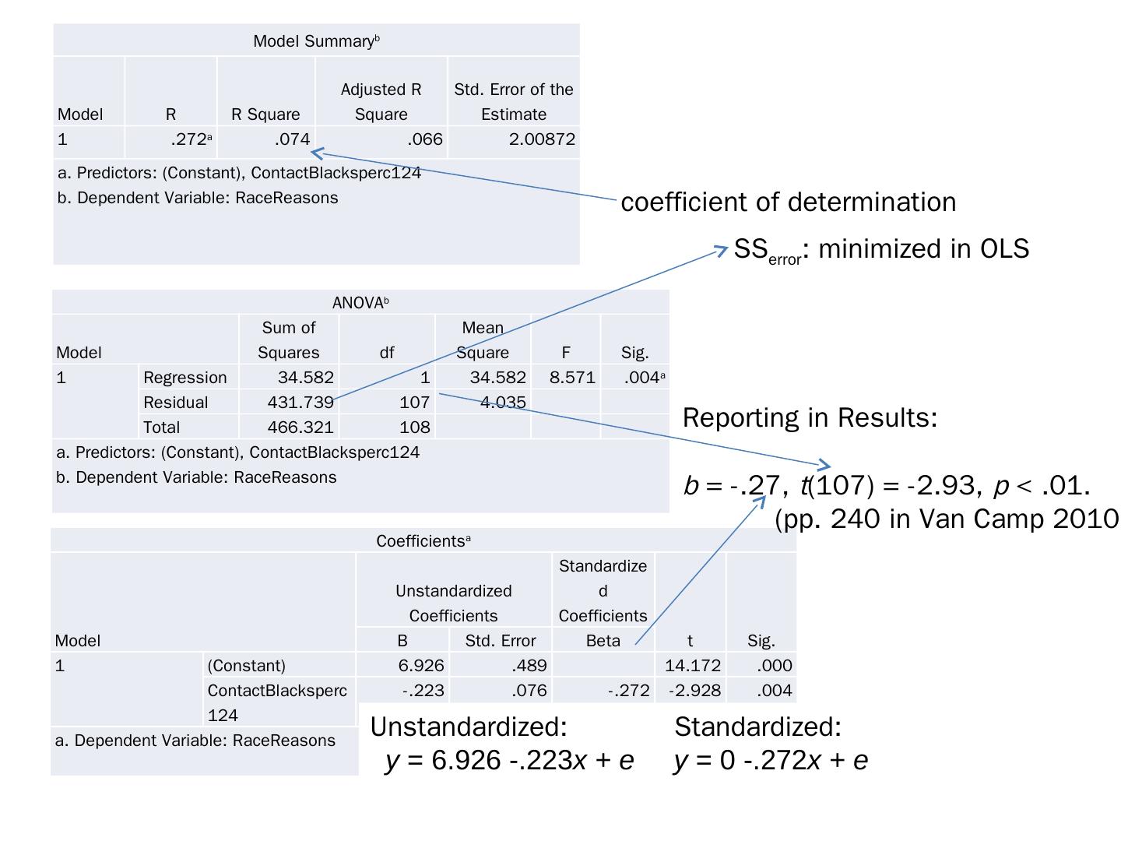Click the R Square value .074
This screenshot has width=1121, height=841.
tap(292, 139)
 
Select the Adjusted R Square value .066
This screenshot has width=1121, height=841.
tap(424, 139)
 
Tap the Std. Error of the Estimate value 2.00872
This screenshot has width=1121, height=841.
tap(542, 139)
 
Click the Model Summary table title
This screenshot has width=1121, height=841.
tap(316, 41)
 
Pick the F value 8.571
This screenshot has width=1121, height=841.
tap(572, 378)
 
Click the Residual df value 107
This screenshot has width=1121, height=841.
tap(414, 403)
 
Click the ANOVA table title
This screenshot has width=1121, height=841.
tap(360, 303)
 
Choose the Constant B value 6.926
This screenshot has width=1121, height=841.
tap(420, 666)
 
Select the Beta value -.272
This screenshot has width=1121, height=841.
tap(629, 691)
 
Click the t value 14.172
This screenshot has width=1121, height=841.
tap(693, 666)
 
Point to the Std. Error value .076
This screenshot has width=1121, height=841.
tap(529, 691)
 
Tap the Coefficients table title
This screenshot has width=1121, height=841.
tap(423, 541)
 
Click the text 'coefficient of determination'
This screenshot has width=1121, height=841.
tap(788, 202)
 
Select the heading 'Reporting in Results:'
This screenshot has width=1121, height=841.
tap(810, 418)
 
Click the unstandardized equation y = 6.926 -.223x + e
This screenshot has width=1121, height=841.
tap(510, 761)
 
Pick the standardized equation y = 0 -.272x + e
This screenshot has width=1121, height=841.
tap(771, 761)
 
